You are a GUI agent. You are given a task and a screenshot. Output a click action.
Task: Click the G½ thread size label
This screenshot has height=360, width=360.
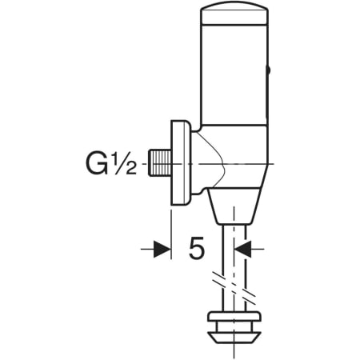pos(111,164)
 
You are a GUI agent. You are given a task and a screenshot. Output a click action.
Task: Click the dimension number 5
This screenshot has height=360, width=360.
pos(197,248)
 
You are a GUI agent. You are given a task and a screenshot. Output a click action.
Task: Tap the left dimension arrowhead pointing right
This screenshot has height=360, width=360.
pos(162,250)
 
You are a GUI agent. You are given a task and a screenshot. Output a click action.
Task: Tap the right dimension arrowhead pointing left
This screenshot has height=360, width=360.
pos(242,250)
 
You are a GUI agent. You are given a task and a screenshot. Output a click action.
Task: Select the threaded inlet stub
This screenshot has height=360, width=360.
pos(159,163)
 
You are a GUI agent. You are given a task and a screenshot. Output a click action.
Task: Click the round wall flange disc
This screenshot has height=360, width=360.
pos(181,163)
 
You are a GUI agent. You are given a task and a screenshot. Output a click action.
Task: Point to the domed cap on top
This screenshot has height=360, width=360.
pos(234,14)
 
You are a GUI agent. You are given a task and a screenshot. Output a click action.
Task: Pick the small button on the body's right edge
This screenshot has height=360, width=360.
pos(268,71)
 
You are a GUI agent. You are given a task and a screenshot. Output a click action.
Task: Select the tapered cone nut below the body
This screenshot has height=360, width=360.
pos(234,206)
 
